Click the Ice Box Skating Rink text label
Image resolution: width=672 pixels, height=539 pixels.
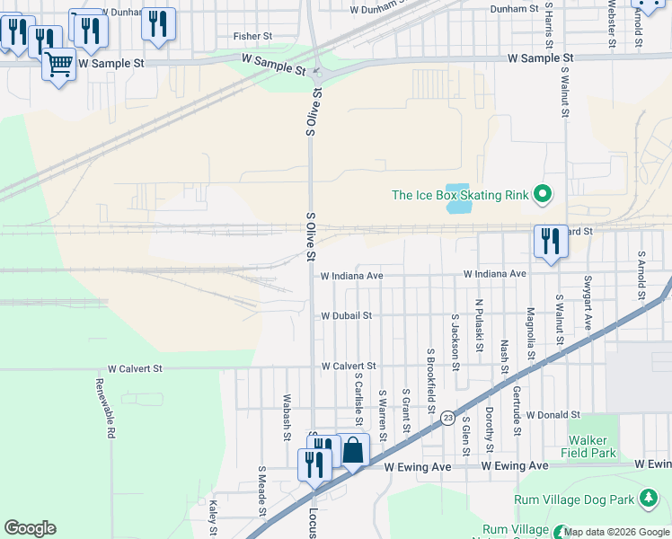pos(460,194)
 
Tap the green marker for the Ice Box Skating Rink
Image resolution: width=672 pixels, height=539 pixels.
pos(542,194)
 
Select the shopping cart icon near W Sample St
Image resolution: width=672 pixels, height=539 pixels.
pos(59,66)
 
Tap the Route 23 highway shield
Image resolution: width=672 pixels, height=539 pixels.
pos(447,417)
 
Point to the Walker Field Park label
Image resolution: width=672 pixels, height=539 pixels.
pos(592,446)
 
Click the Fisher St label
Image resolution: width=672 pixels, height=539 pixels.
pos(252,36)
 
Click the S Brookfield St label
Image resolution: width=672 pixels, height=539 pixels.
pos(431,381)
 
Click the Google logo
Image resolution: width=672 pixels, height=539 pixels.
pos(30,528)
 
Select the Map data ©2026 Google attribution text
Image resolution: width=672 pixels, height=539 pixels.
pos(616,532)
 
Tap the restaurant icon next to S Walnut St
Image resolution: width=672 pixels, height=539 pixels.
pos(550,242)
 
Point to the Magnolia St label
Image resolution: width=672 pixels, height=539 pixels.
pos(531,332)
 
